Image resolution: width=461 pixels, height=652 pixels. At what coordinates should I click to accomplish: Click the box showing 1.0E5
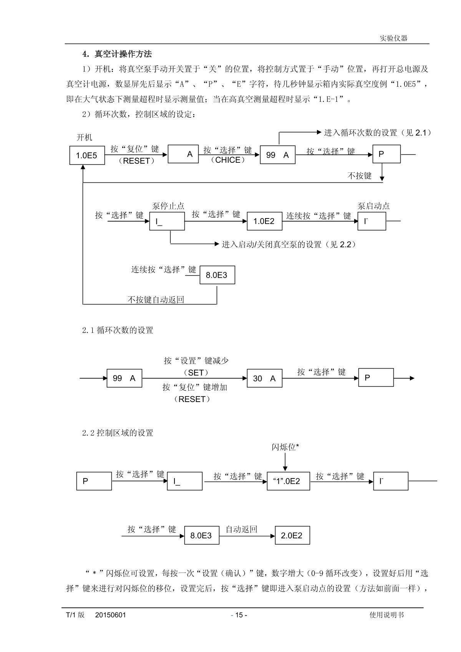(87, 156)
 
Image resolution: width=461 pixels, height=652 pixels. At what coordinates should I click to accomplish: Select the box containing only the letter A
(183, 154)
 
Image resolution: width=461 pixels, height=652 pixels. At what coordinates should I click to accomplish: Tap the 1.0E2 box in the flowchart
(264, 221)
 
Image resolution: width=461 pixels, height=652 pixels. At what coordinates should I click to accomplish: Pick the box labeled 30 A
(264, 378)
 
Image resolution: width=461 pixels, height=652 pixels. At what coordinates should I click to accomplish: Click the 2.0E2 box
(292, 536)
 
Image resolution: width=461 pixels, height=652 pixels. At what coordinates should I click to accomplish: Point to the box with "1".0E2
(288, 481)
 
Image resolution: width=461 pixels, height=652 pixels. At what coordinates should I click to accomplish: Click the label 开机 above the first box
(85, 137)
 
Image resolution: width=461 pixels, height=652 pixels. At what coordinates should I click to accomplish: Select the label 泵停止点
(168, 206)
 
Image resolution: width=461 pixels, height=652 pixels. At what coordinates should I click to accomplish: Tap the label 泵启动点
(373, 206)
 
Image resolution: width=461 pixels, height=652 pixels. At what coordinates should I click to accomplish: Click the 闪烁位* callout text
(285, 447)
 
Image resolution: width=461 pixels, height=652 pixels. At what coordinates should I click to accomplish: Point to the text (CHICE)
(228, 160)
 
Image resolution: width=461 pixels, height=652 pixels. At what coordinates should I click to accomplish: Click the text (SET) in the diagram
(196, 372)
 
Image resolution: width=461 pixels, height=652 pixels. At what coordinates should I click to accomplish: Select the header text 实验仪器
(393, 38)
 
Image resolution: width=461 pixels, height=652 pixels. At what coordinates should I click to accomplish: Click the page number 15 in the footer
(239, 615)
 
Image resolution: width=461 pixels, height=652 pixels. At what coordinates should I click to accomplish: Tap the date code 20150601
(111, 615)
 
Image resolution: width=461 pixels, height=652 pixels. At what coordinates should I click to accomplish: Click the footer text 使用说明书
(386, 615)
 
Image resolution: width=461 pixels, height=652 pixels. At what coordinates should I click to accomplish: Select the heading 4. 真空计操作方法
(117, 54)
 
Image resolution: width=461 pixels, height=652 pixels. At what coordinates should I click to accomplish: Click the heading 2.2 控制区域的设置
(118, 433)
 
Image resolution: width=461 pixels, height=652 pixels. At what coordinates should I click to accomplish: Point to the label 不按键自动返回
(156, 300)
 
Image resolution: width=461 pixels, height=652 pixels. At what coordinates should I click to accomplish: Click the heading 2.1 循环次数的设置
(118, 330)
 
